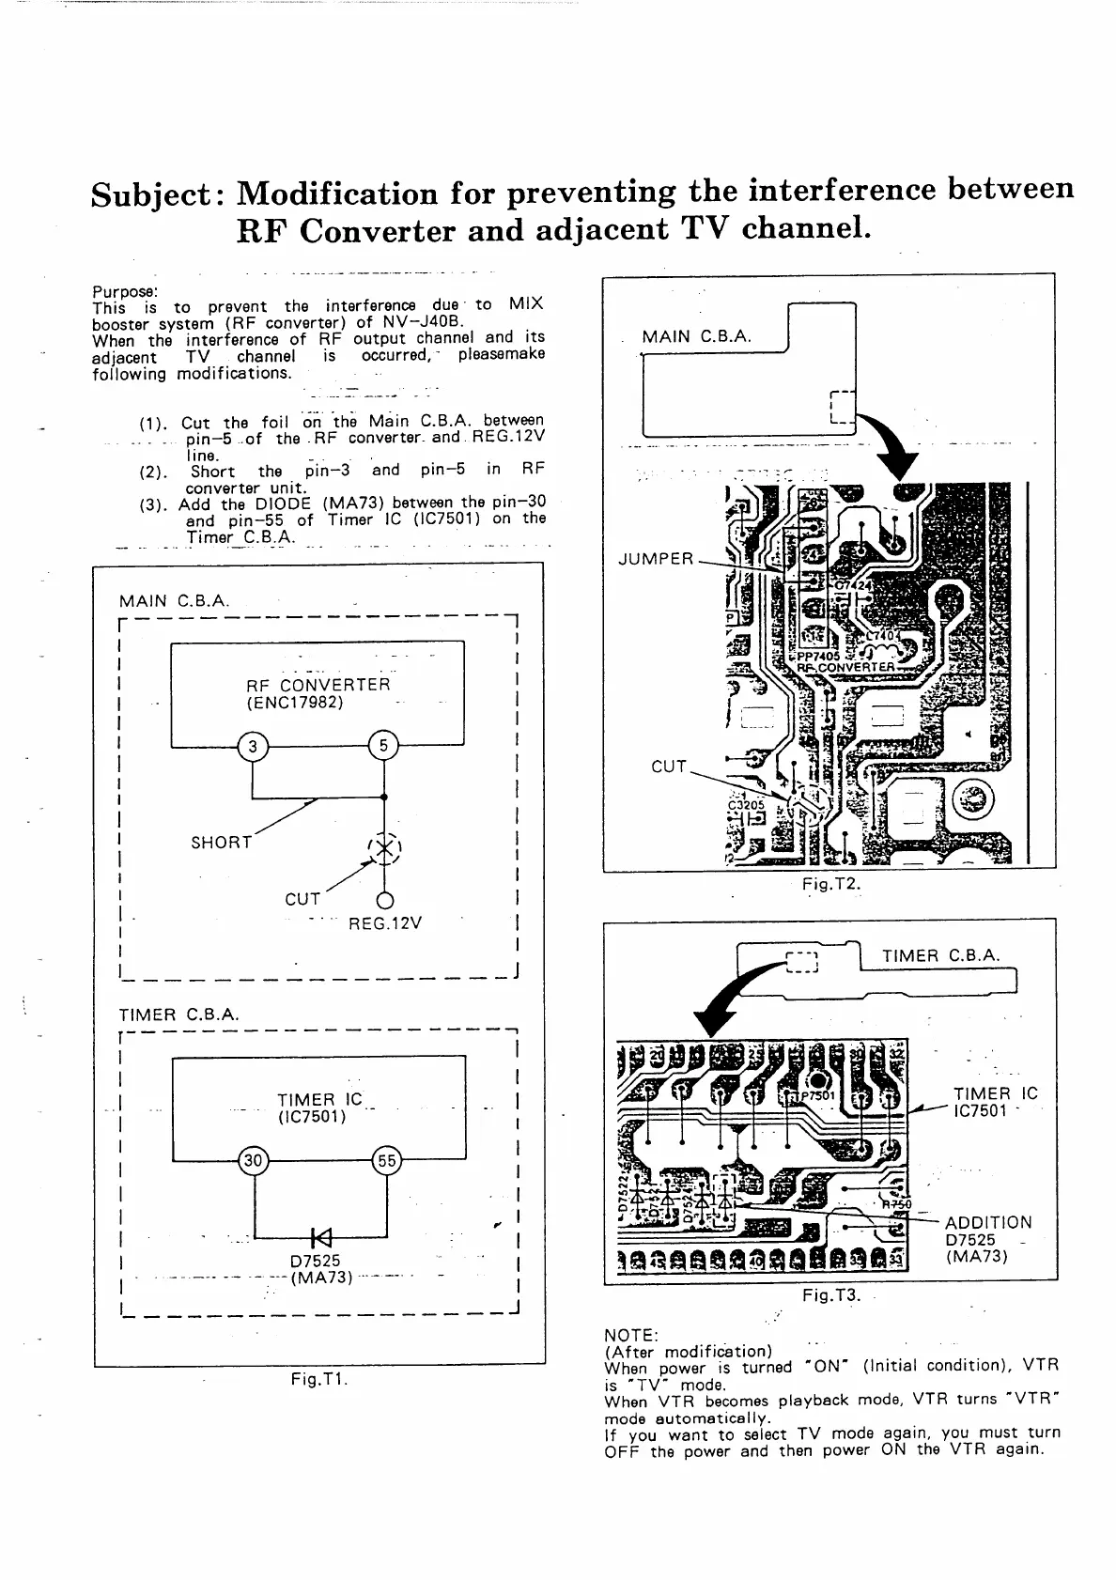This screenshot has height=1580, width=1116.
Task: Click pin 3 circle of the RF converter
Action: point(252,747)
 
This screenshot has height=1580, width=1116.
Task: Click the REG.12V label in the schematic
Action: point(385,923)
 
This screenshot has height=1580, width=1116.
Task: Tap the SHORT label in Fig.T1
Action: point(222,843)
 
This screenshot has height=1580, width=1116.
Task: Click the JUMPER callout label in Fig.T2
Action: point(656,560)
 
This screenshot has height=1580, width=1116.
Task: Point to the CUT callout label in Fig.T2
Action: point(669,767)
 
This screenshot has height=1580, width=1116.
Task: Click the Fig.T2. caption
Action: point(831,884)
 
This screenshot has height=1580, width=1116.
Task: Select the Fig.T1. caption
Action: point(319,1380)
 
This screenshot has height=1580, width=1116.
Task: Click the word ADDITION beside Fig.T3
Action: point(988,1222)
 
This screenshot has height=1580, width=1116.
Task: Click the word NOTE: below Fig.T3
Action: point(631,1335)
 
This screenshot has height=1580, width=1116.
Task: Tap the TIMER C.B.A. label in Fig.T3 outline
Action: point(941,956)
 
